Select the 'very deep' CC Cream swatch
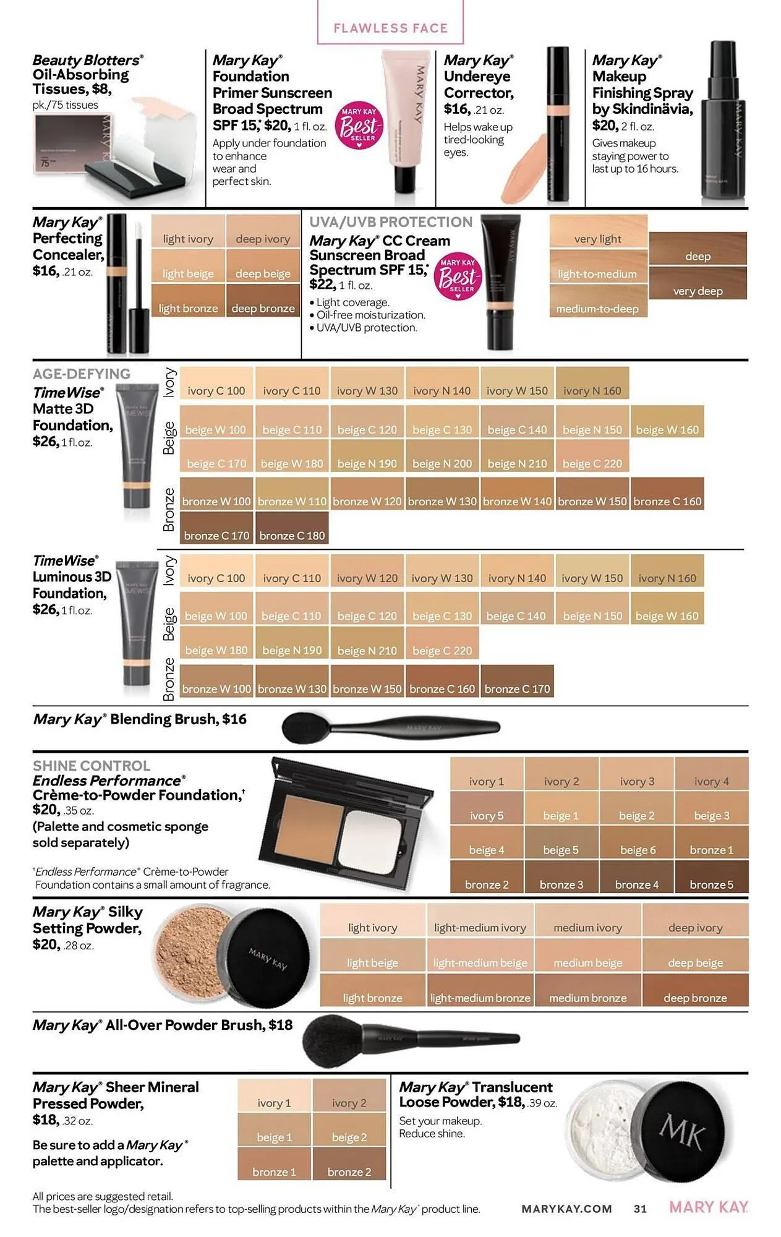[698, 284]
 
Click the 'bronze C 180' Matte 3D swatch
[292, 529]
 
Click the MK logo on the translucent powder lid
[682, 1132]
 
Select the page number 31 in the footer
[640, 1209]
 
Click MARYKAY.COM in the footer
[566, 1209]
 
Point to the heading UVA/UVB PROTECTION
[390, 222]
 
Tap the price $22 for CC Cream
[322, 285]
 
